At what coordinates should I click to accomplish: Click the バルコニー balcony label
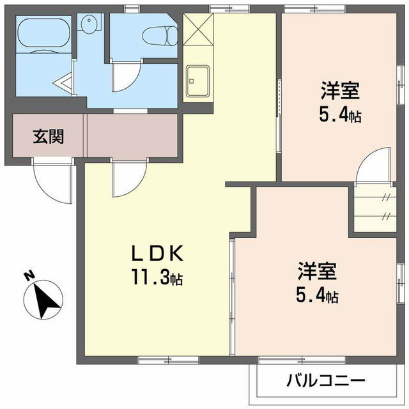tap(325, 382)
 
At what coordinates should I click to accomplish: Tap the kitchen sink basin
tap(197, 81)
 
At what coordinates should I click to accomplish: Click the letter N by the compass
tap(28, 277)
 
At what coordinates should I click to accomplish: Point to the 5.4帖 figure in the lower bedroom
tap(317, 297)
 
